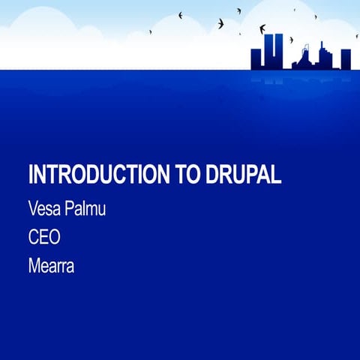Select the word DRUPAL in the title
click(242, 175)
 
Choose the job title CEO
click(44, 238)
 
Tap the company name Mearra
click(51, 266)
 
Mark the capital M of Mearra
click(34, 266)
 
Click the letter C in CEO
click(34, 238)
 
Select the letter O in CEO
click(55, 238)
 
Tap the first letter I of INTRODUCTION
click(31, 175)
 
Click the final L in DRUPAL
click(277, 175)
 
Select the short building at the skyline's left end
click(256, 58)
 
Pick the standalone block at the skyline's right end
click(346, 58)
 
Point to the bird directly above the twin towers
click(262, 29)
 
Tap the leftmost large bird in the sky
click(181, 14)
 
